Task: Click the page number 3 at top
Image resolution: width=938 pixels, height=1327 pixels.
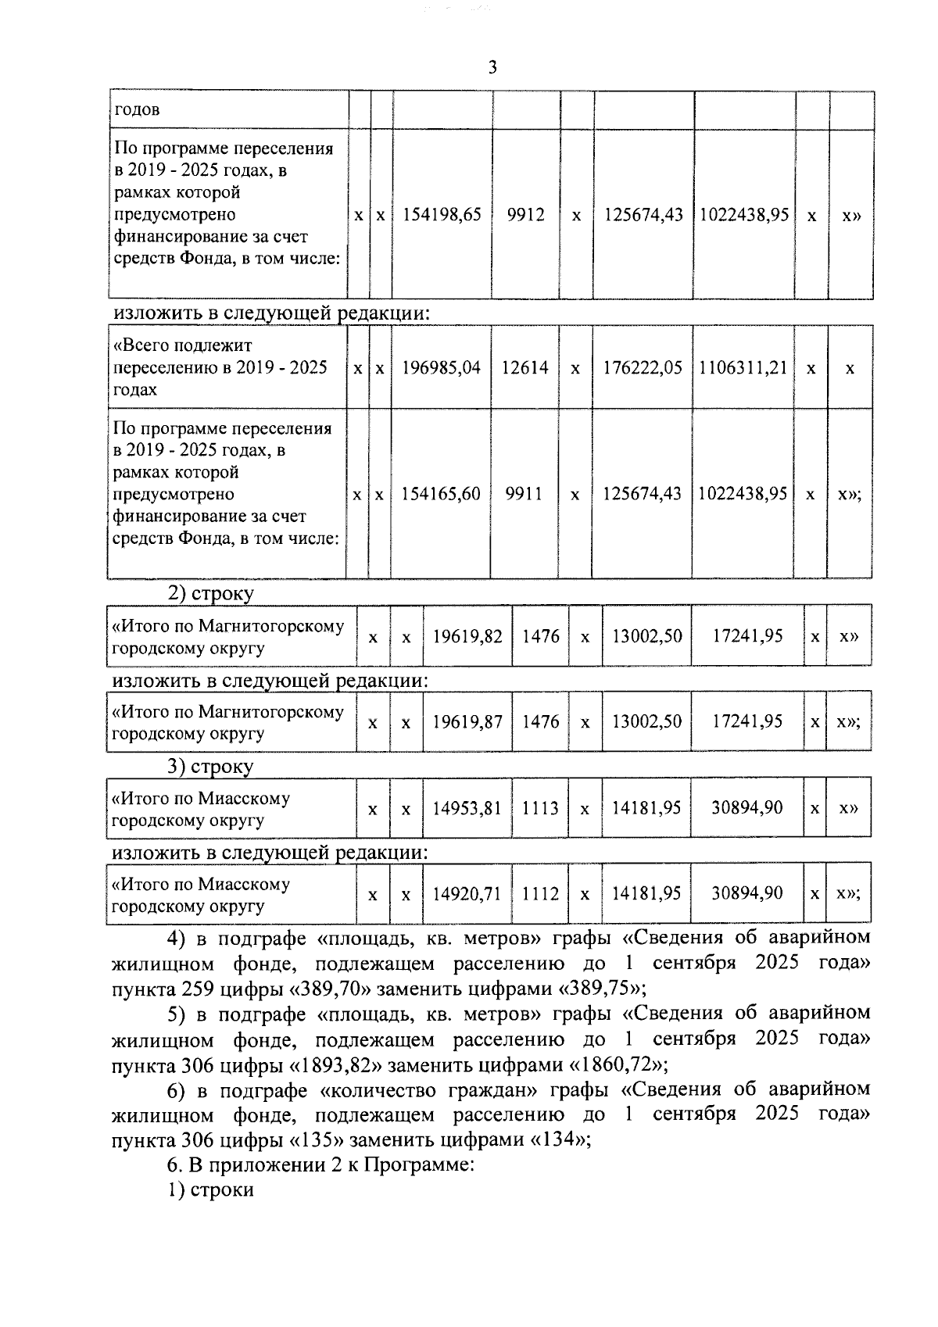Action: [x=492, y=68]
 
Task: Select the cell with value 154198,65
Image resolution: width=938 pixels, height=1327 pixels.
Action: [x=442, y=215]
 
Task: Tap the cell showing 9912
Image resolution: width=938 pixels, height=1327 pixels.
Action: [x=525, y=215]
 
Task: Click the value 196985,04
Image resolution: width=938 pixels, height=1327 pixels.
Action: [x=441, y=367]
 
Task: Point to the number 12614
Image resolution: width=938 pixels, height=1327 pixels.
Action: [x=524, y=367]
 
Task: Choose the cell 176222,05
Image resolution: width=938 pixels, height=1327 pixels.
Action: [x=642, y=367]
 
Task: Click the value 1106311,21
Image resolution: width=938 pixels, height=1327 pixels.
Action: [x=743, y=367]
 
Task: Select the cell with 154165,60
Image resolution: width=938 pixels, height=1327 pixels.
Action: [x=441, y=494]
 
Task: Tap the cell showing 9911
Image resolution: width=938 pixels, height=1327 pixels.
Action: [x=524, y=494]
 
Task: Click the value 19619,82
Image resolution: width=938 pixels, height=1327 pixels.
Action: [x=467, y=636]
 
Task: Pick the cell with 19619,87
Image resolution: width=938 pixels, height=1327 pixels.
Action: [x=467, y=722]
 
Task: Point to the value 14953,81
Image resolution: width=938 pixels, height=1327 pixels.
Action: [x=467, y=808]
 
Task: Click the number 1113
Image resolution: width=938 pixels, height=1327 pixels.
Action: [x=540, y=808]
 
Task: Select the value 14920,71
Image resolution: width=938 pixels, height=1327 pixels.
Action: [x=467, y=893]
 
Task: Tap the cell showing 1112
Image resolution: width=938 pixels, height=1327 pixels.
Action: [x=540, y=893]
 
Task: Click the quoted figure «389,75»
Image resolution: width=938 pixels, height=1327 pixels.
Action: [x=599, y=989]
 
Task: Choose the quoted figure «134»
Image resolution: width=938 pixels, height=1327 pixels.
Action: [x=557, y=1140]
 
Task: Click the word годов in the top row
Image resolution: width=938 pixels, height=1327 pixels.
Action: [x=137, y=109]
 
